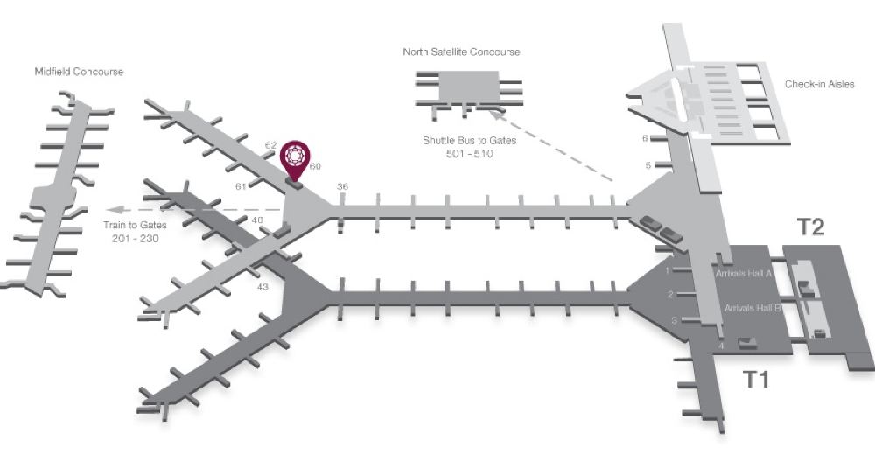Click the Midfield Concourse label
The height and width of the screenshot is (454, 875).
coord(78,72)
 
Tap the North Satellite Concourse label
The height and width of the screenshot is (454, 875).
coord(461,52)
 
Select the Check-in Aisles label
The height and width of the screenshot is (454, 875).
coord(819,85)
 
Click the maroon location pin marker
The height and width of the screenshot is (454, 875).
coord(295,157)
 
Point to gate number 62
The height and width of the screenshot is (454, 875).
coord(270,145)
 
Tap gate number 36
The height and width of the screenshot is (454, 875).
coord(342,186)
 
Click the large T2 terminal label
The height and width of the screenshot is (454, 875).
coord(811,227)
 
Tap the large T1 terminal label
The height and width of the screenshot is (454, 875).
coord(757,379)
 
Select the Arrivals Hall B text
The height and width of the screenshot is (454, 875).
coord(752,309)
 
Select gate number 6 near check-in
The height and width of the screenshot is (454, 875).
coord(645,138)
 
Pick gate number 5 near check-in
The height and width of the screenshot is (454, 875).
coord(647,165)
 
